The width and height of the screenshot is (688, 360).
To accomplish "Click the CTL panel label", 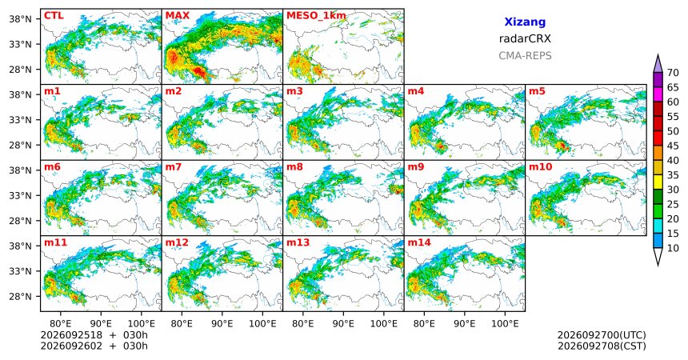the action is [54, 16].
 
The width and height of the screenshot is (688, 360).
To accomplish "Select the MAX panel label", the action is [178, 16].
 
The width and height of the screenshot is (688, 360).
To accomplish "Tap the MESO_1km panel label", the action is [316, 16].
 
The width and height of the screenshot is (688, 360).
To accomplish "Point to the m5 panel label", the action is [537, 91].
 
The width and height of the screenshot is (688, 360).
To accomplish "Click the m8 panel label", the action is [294, 167].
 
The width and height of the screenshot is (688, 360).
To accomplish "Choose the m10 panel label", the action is [540, 167].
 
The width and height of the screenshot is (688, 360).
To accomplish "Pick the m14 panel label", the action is [419, 242].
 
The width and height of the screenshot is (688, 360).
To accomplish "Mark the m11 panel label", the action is [55, 242].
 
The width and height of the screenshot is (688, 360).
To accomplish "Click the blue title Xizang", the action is [525, 22].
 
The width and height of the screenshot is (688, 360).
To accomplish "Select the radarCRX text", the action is [525, 38].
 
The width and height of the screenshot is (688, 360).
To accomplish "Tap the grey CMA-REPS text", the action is [525, 56].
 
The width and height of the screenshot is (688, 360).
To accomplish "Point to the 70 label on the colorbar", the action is [673, 73].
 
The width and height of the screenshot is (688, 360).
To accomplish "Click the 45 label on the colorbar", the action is [673, 146].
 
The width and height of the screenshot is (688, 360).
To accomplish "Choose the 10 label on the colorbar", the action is [673, 248].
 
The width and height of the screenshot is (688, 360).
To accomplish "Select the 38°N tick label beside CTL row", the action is [20, 19].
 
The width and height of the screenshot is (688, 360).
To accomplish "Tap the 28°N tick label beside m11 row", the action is [20, 296].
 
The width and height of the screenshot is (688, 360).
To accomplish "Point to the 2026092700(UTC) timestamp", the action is [602, 335].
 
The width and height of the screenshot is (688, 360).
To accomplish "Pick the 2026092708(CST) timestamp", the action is [602, 346].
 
